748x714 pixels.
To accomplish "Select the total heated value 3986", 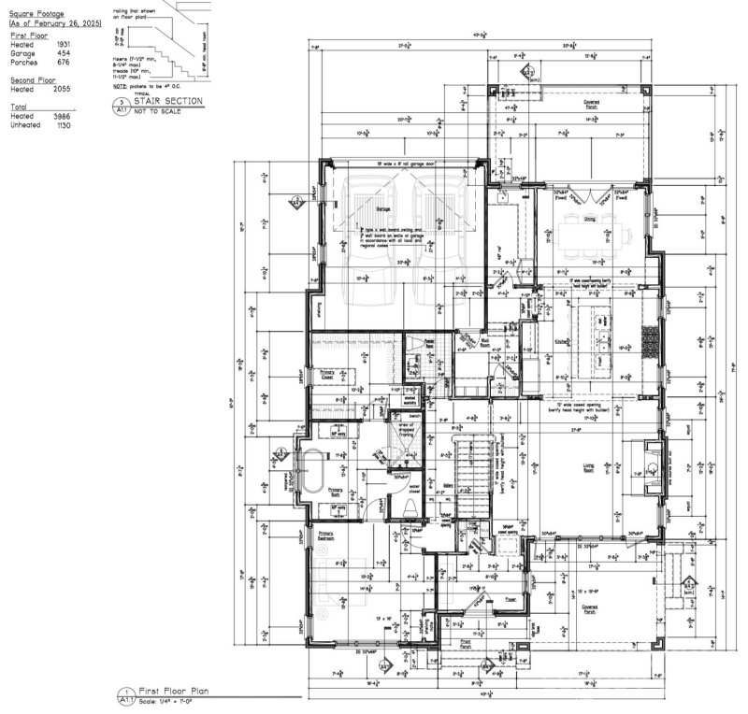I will pyautogui.click(x=64, y=116).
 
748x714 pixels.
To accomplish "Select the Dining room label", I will pyautogui.click(x=590, y=219).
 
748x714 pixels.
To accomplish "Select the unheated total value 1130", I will pyautogui.click(x=64, y=124).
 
